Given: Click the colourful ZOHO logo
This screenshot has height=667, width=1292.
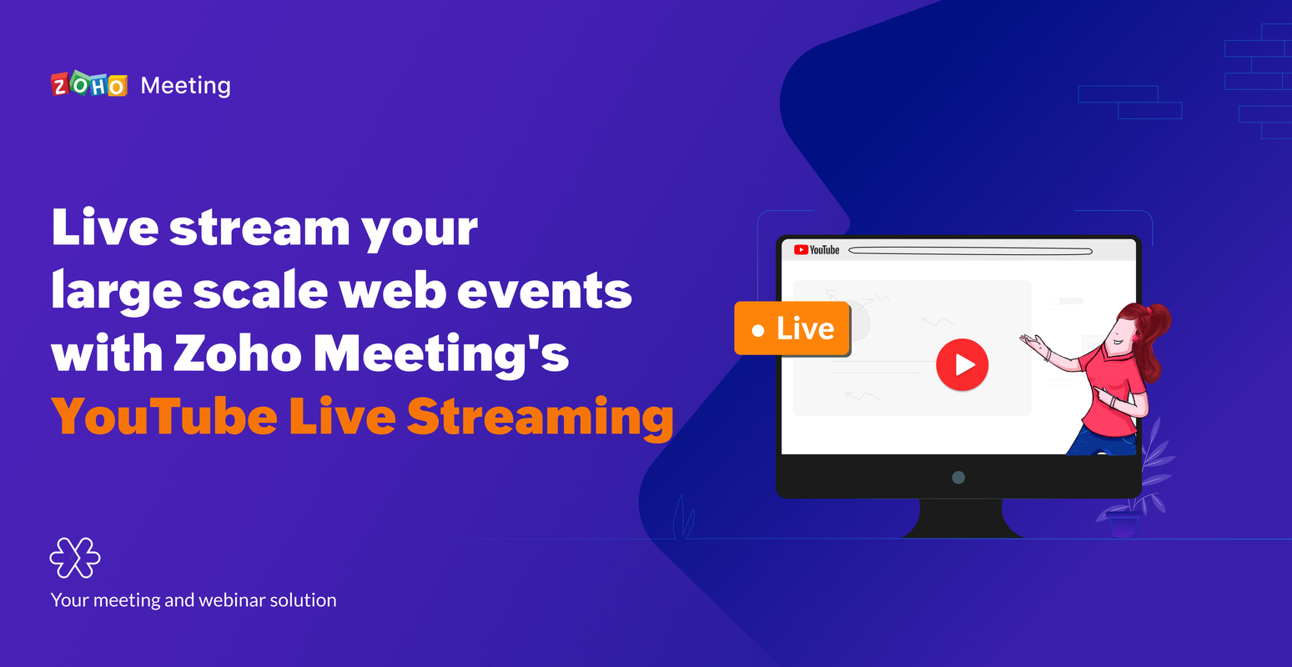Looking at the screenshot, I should (88, 85).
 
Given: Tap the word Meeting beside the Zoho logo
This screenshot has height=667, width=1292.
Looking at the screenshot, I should (185, 86).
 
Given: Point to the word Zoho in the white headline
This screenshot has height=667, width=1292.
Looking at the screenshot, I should (238, 354).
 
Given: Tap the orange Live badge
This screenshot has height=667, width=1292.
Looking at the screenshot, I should (792, 328).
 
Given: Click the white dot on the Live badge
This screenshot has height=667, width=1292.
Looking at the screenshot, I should (757, 331).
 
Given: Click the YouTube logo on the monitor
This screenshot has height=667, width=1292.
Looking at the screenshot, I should (817, 250).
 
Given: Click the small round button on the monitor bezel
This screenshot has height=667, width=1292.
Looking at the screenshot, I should (958, 478).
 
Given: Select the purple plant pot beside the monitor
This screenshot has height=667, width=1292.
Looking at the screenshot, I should (1124, 525).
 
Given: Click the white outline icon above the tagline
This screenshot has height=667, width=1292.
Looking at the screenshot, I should (75, 558).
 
